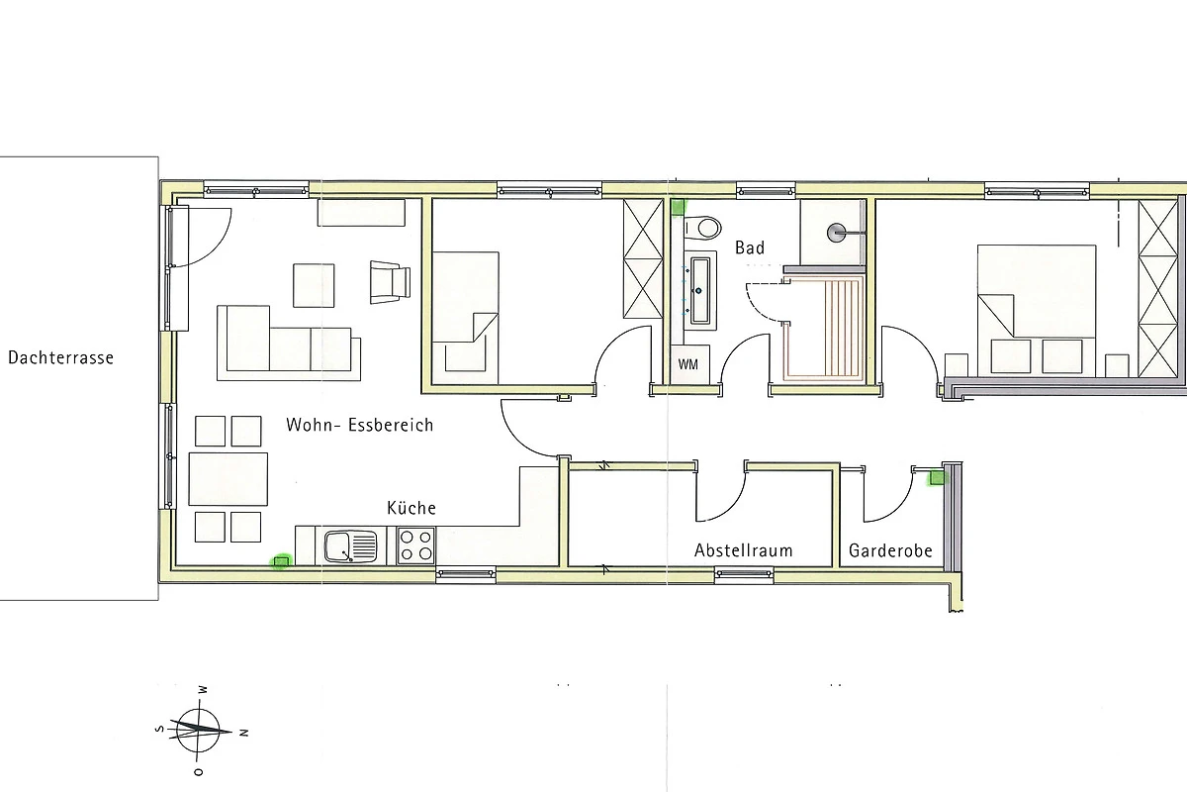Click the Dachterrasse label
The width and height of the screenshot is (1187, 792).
pyautogui.click(x=61, y=357)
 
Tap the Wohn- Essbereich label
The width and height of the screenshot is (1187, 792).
pyautogui.click(x=360, y=425)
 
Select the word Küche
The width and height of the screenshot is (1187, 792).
pyautogui.click(x=411, y=508)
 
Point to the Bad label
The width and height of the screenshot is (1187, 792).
pyautogui.click(x=750, y=247)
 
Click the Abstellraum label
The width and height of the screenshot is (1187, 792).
pyautogui.click(x=744, y=550)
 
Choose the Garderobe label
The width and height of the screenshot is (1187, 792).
pyautogui.click(x=890, y=550)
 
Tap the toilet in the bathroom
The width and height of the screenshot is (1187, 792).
pyautogui.click(x=702, y=229)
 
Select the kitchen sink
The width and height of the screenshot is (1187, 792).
pyautogui.click(x=351, y=546)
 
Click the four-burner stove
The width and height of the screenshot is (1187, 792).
pyautogui.click(x=416, y=545)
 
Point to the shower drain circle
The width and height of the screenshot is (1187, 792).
pyautogui.click(x=836, y=233)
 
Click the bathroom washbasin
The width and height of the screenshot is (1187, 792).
pyautogui.click(x=699, y=290)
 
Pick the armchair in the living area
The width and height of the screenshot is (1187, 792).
pyautogui.click(x=391, y=282)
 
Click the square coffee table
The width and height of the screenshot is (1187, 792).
pyautogui.click(x=314, y=285)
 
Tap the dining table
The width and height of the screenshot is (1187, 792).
pyautogui.click(x=228, y=479)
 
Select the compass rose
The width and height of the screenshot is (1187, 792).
pyautogui.click(x=198, y=731)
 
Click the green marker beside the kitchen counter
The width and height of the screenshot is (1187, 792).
pyautogui.click(x=281, y=561)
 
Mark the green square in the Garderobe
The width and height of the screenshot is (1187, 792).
pyautogui.click(x=937, y=478)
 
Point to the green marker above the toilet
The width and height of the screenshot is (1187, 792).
pyautogui.click(x=679, y=207)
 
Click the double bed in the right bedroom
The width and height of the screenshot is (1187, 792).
pyautogui.click(x=1037, y=310)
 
